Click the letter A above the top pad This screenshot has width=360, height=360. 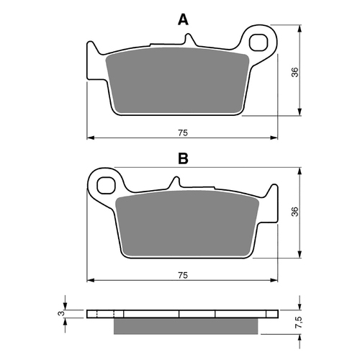pos(184,20)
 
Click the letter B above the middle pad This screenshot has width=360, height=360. pos(183,158)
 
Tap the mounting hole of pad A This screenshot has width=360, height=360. pos(261,40)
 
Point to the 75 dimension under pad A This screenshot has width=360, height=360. pos(183,132)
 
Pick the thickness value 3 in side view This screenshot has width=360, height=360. pos(63,314)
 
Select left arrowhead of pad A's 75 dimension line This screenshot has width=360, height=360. pos(89,138)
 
